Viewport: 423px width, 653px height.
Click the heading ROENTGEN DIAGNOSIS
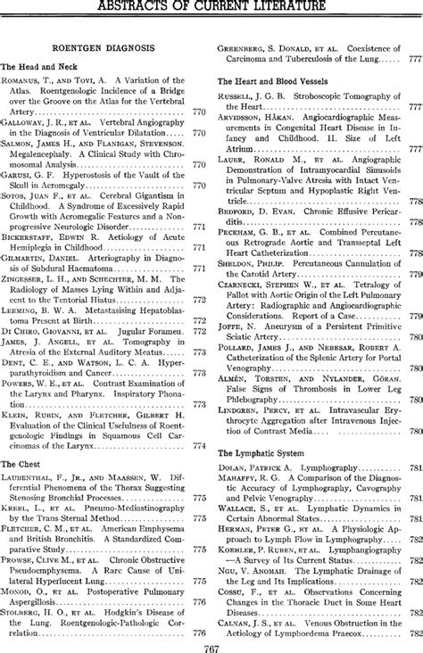[x=105, y=44]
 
